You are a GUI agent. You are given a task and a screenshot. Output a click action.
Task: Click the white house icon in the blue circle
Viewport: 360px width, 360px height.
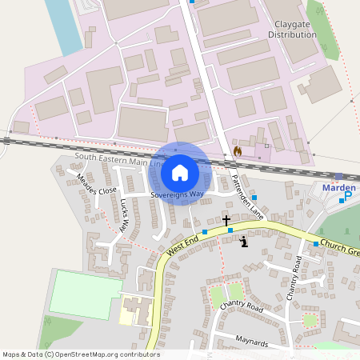pyautogui.click(x=180, y=173)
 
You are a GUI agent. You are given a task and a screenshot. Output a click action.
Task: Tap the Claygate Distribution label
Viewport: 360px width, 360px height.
pyautogui.click(x=293, y=30)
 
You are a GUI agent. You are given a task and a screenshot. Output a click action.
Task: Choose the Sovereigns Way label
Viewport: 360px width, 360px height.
pyautogui.click(x=177, y=194)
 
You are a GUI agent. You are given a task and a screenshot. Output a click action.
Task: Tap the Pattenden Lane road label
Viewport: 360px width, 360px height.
pyautogui.click(x=246, y=196)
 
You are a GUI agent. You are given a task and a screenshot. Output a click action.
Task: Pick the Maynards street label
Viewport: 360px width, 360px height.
pyautogui.click(x=253, y=340)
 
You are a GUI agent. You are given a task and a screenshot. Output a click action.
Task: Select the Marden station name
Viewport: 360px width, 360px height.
pyautogui.click(x=338, y=187)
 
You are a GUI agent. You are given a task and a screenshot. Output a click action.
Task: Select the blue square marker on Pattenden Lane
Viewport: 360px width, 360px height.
pyautogui.click(x=254, y=197)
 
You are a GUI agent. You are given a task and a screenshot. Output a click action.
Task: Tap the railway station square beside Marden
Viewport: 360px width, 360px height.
pyautogui.click(x=338, y=176)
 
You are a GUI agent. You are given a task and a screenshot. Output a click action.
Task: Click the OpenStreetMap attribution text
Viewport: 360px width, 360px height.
pyautogui.click(x=81, y=354)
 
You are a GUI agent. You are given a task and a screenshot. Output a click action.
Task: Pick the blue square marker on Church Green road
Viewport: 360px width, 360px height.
pyautogui.click(x=316, y=243)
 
